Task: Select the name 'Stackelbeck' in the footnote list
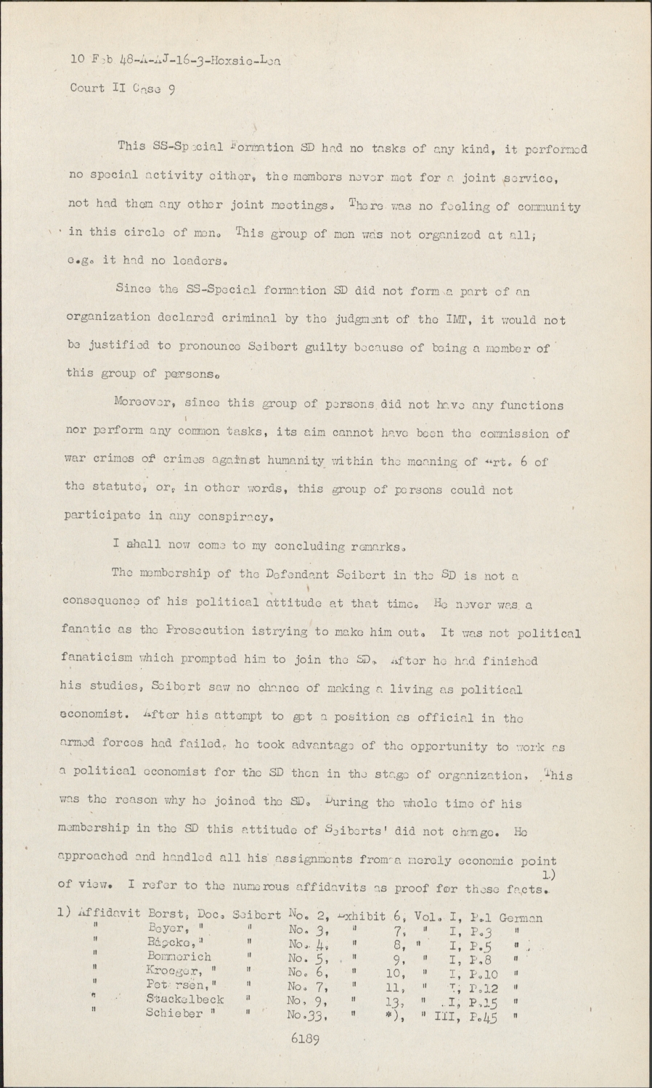point(184,999)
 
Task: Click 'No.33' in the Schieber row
point(304,1015)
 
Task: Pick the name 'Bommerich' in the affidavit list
point(179,957)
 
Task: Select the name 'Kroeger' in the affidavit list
point(172,971)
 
